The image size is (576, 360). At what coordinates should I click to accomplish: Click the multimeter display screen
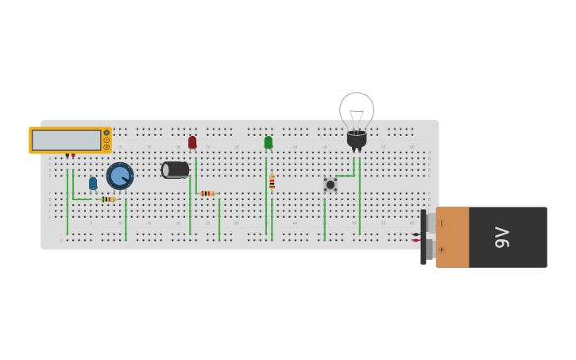(67, 141)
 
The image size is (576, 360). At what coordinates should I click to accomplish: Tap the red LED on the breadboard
(192, 142)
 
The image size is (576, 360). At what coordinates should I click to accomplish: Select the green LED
(269, 142)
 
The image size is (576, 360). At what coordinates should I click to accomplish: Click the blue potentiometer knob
(120, 176)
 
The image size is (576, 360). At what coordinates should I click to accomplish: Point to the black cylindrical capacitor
(176, 169)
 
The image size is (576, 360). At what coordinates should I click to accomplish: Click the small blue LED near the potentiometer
(93, 184)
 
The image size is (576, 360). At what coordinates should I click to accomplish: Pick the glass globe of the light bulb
(357, 110)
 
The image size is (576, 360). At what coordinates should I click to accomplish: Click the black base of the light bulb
(357, 139)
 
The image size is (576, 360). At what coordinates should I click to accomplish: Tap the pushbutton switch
(331, 184)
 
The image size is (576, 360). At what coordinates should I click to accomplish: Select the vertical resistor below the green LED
(272, 183)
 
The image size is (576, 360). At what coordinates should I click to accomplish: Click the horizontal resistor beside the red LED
(207, 193)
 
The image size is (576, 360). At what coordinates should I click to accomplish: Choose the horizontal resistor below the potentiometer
(108, 199)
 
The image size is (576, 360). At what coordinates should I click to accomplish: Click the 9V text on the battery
(502, 237)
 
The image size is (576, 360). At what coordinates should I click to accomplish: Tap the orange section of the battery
(453, 237)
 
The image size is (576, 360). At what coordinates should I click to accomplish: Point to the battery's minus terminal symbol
(442, 223)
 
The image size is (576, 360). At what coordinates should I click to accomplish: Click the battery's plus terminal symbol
(442, 250)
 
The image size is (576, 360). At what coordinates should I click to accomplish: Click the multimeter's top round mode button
(106, 133)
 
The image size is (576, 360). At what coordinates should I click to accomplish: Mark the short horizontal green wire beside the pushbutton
(344, 176)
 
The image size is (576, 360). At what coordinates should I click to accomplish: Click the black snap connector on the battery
(423, 237)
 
